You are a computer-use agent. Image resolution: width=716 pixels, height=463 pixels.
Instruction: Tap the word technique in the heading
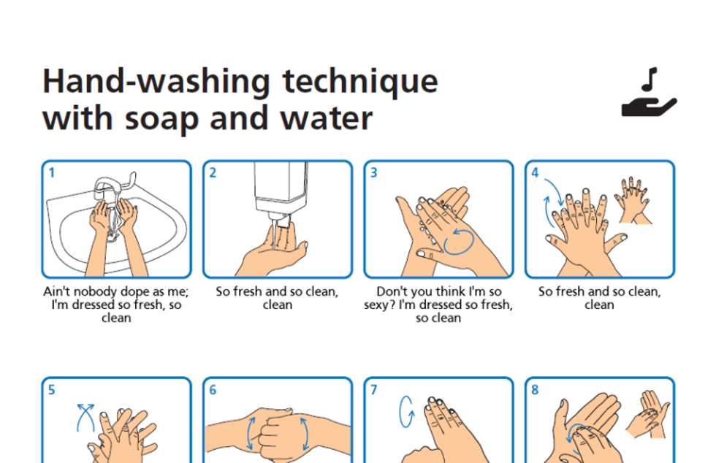[360, 82]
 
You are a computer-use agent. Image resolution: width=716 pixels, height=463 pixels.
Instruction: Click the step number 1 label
[52, 173]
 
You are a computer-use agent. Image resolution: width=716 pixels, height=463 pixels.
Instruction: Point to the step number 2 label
[213, 173]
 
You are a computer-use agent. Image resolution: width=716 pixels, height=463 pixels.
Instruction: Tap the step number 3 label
[374, 173]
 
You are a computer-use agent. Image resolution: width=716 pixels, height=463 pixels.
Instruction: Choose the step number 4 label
[535, 173]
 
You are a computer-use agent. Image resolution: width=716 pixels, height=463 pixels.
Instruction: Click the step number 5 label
[52, 390]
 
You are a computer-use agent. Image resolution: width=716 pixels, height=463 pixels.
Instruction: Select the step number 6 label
[213, 390]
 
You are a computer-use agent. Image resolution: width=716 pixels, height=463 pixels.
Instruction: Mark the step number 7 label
[374, 390]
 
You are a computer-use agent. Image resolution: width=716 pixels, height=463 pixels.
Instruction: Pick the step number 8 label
[535, 390]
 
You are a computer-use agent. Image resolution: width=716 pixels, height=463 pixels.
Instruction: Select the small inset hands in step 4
[635, 199]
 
